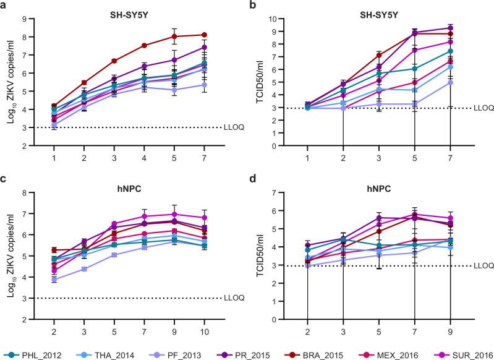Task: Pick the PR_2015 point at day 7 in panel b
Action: tap(467, 28)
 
